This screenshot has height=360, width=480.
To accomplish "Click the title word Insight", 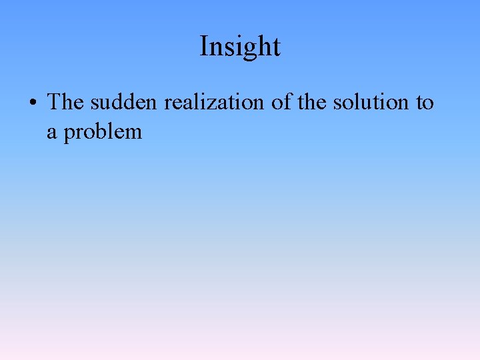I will [x=240, y=47].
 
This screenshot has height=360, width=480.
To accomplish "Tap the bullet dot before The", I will [x=32, y=103].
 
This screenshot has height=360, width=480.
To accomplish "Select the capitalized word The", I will [x=65, y=102].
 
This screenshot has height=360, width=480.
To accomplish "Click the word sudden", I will [x=124, y=102].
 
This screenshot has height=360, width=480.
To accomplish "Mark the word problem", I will [x=103, y=132].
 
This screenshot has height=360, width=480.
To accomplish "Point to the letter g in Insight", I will [x=251, y=49].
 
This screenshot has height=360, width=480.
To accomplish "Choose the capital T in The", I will [x=54, y=102].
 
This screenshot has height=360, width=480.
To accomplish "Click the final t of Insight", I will [x=277, y=47].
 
